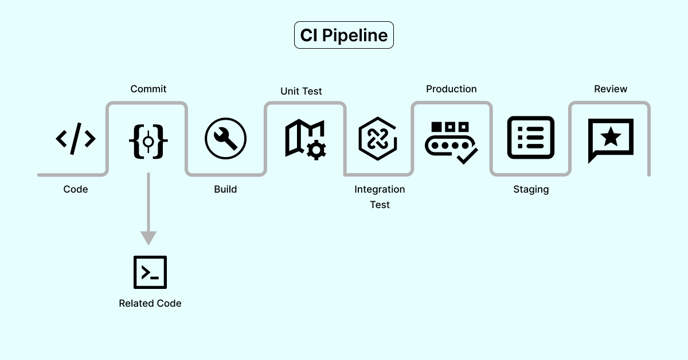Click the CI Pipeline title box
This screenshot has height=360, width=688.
coord(344,35)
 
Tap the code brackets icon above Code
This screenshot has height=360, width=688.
coord(76,139)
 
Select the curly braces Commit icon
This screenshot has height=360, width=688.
coord(148,140)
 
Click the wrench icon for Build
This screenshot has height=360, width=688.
coord(225,139)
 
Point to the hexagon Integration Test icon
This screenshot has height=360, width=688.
coord(378,139)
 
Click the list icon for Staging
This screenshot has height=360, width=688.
coord(531,138)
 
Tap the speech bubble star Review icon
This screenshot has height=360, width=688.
coord(611,139)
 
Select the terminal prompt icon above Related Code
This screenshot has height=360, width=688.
coord(150,272)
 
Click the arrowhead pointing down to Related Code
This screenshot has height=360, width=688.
coord(148,237)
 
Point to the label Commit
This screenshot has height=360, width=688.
coord(148,89)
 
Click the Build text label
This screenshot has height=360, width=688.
coord(225,189)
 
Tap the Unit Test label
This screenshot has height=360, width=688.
coord(301,91)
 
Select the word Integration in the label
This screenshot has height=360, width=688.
coord(380,189)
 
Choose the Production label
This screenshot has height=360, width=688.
coord(451,89)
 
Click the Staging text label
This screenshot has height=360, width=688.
coord(531,190)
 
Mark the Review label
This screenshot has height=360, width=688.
coord(611,89)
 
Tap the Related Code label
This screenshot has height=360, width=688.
coord(150,303)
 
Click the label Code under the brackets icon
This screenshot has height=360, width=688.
coord(76,189)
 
